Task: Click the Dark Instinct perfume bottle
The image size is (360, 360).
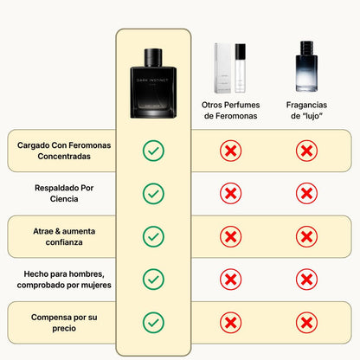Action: [x=153, y=83]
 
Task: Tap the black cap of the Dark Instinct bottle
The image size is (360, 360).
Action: [x=153, y=57]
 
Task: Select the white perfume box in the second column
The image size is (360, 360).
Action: [x=223, y=68]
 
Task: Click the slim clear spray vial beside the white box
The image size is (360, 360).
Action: [x=240, y=68]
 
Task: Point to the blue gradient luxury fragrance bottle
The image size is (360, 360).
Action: [x=306, y=67]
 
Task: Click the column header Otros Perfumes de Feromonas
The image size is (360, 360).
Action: [x=230, y=110]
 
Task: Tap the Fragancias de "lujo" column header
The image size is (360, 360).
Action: [x=306, y=110]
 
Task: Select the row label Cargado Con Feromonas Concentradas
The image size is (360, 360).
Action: [x=64, y=151]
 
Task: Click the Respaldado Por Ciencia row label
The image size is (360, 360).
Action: [x=64, y=193]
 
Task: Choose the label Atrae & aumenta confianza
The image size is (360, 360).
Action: [x=64, y=236]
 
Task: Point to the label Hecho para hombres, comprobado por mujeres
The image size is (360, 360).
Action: [x=64, y=280]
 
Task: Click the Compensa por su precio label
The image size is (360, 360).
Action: [x=64, y=323]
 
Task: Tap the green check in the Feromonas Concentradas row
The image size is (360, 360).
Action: [x=153, y=151]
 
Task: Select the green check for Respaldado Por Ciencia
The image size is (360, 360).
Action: [x=153, y=194]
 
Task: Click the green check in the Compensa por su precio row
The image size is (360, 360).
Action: [x=153, y=323]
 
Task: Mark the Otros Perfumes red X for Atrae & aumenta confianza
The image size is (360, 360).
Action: [x=230, y=236]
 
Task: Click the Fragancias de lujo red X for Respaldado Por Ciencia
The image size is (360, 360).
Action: [x=306, y=193]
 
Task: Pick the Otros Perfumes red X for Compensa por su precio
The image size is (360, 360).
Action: [x=230, y=323]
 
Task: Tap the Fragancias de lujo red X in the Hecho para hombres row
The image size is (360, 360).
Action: [x=306, y=280]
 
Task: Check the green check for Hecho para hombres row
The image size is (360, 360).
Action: [x=153, y=280]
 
